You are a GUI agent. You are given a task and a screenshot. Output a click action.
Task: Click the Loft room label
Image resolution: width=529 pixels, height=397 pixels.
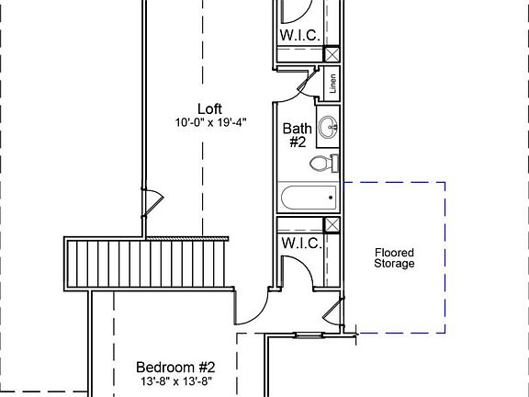(x=209, y=109)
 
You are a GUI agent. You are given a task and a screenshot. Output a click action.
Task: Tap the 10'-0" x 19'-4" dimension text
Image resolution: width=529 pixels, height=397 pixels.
(x=211, y=122)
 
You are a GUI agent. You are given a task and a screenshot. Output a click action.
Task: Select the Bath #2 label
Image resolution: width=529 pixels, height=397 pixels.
(x=298, y=135)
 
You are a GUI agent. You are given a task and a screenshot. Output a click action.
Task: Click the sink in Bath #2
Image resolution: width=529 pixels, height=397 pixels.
(x=328, y=127)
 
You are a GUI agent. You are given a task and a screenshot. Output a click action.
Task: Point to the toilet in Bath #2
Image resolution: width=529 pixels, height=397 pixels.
(x=324, y=164)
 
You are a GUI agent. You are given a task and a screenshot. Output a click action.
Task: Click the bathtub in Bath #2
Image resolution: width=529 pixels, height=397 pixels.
(x=309, y=198)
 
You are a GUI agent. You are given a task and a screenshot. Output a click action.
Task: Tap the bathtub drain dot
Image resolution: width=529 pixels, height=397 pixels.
(x=331, y=198)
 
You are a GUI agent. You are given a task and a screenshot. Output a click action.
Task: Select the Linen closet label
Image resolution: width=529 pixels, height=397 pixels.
(x=333, y=84)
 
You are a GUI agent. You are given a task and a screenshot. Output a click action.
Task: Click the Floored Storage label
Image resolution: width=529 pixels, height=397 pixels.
(x=394, y=258)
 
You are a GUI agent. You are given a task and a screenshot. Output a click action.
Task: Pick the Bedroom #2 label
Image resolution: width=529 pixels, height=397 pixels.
(x=175, y=367)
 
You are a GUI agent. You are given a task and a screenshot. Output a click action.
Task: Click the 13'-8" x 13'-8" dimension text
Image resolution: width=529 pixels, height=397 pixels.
(x=176, y=381)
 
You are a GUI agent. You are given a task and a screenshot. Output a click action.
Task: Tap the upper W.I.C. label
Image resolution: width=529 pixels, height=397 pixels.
(x=300, y=35)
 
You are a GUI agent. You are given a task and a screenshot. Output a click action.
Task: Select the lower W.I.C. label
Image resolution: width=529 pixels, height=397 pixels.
(x=301, y=243)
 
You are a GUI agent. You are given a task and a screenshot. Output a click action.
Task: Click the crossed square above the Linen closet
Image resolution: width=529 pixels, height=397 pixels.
(x=332, y=54)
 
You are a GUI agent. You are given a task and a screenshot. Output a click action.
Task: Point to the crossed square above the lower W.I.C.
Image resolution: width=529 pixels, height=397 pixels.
(x=332, y=224)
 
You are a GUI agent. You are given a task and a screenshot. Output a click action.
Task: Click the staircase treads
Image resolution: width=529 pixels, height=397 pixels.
(x=146, y=264)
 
